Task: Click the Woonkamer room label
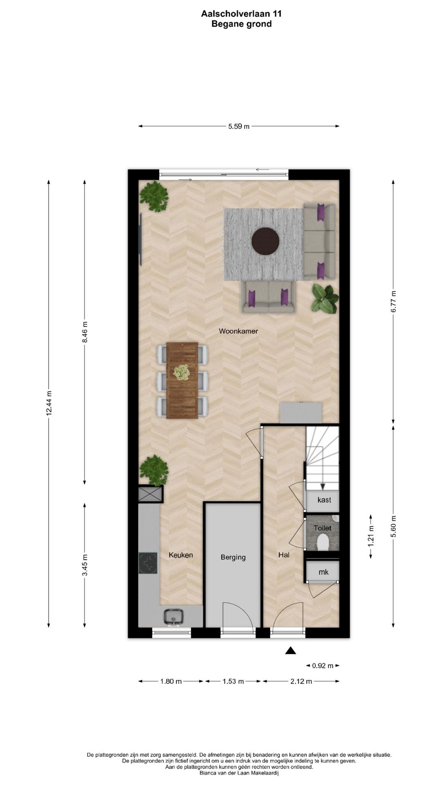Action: point(238,331)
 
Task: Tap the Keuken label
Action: point(180,555)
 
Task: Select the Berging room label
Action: point(233,557)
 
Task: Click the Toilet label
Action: point(322,528)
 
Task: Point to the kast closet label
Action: point(324,500)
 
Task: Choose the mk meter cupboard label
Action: point(323,572)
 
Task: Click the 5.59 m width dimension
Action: point(239,126)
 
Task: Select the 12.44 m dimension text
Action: point(49,403)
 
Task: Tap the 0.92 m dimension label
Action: point(322,666)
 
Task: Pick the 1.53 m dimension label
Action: point(233,682)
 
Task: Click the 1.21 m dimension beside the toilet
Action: point(371,536)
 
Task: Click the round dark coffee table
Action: point(265,241)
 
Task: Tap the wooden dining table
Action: point(182,380)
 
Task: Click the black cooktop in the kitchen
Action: point(148,563)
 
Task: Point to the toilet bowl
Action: point(323,544)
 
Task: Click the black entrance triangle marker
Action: point(291,650)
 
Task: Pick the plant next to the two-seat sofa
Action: point(325,299)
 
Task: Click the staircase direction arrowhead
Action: point(323,486)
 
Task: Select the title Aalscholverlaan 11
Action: point(241,14)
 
